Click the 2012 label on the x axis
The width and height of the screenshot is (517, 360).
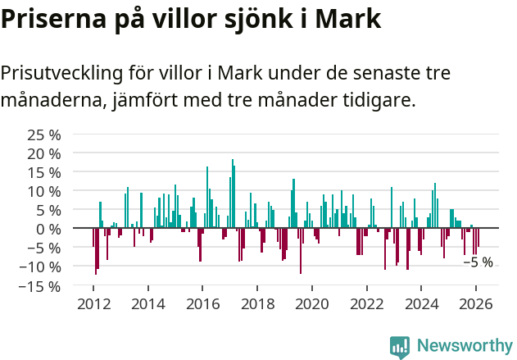(x=93, y=303)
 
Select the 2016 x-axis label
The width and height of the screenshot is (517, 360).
(x=202, y=303)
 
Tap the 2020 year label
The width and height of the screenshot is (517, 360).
(x=311, y=303)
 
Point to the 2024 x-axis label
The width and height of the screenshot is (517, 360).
(x=421, y=303)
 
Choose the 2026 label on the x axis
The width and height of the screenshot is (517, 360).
(x=475, y=303)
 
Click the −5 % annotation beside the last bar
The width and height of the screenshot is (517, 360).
(x=478, y=262)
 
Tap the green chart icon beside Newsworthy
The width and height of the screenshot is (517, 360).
(x=400, y=346)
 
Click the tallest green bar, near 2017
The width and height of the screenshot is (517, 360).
(x=233, y=194)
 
